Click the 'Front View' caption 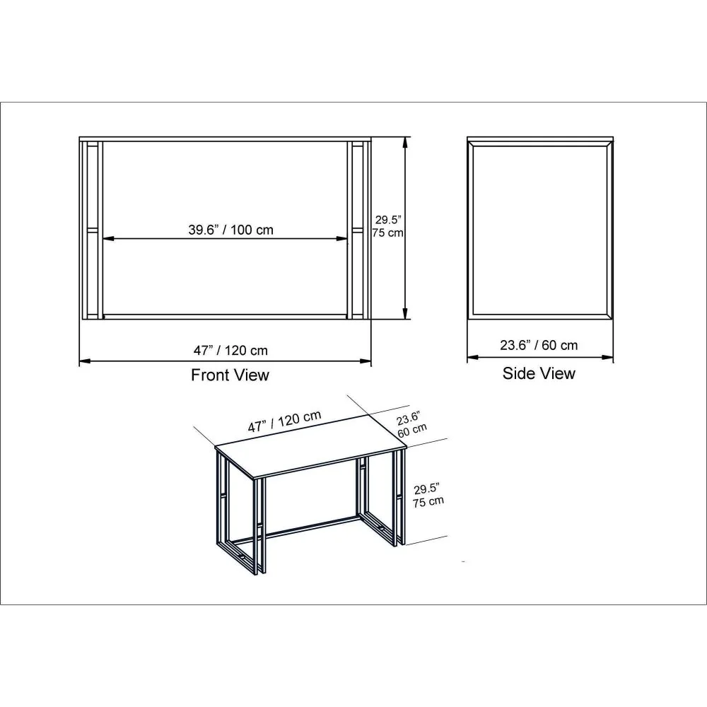tap(230, 375)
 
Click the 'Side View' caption tap(539, 373)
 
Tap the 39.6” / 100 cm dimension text tap(231, 230)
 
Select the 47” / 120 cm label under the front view tap(230, 351)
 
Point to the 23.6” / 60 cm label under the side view tap(539, 345)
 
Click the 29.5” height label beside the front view tap(388, 220)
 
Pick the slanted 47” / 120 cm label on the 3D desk tap(284, 421)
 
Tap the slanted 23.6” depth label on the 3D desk tap(409, 419)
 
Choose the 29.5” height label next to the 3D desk tap(426, 489)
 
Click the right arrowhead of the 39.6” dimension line tap(342, 239)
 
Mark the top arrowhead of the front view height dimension tap(405, 143)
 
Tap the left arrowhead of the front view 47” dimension tap(86, 361)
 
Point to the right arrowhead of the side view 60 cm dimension tap(607, 358)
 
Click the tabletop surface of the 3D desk tap(311, 446)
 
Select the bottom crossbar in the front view tap(226, 317)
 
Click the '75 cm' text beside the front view tap(388, 233)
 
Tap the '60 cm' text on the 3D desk tap(412, 430)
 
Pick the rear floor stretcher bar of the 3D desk tap(311, 526)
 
